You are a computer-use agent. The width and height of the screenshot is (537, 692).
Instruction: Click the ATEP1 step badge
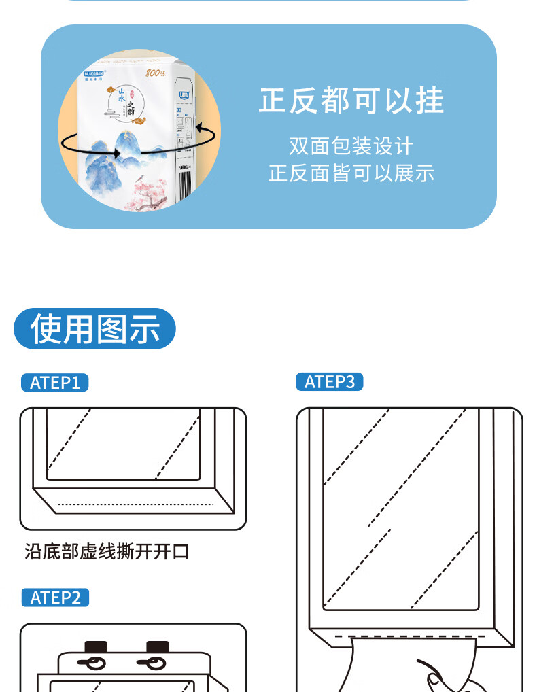[x=54, y=383]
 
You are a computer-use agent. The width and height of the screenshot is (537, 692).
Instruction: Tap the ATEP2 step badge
[x=55, y=598]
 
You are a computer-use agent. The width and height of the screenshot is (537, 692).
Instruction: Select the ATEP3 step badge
[x=330, y=382]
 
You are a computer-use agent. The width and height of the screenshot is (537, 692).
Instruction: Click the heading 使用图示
[x=94, y=329]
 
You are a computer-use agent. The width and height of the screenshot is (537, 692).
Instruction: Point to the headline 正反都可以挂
[x=351, y=101]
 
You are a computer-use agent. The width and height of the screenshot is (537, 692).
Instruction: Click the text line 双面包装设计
[x=351, y=146]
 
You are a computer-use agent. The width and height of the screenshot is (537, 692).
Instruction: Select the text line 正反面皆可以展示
[x=351, y=173]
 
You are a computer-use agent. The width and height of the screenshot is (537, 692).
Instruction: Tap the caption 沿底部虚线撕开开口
[x=107, y=551]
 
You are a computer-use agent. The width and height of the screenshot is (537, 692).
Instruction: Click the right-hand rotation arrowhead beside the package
[x=199, y=126]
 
